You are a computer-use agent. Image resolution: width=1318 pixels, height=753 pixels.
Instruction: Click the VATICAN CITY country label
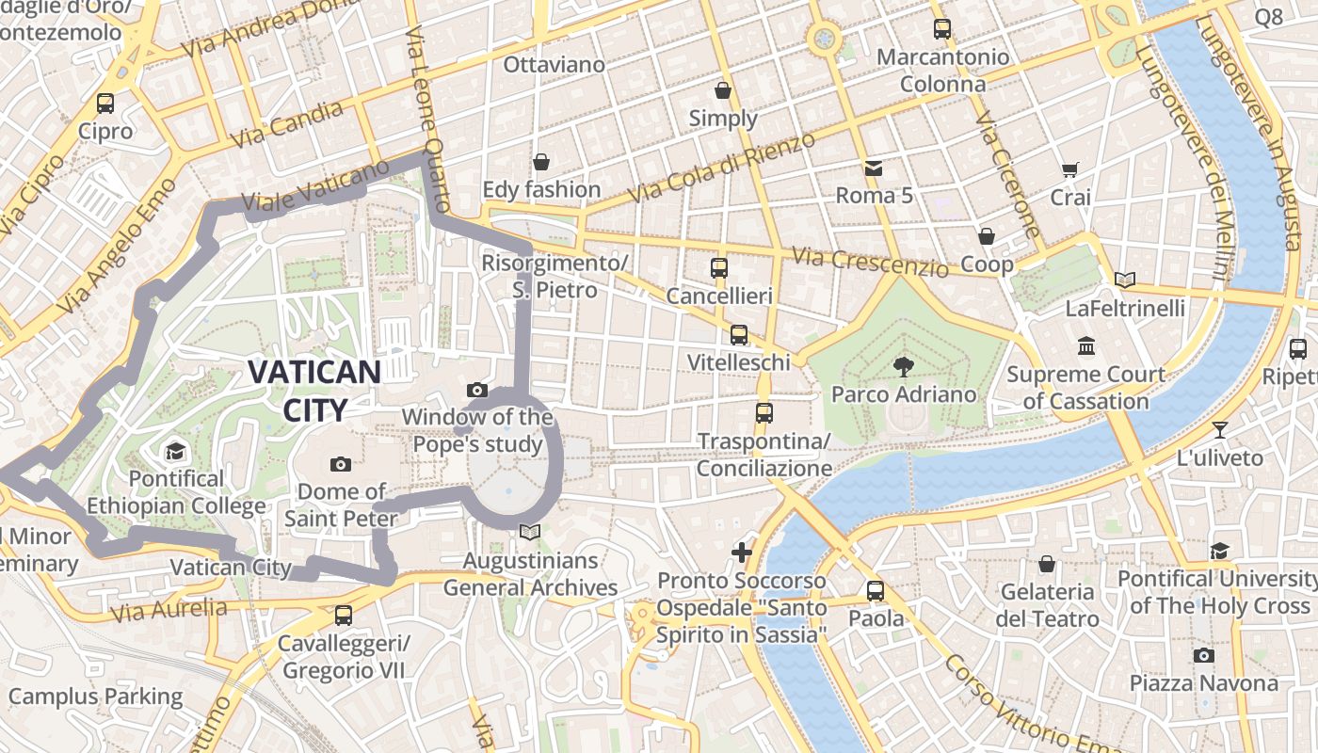tap(314, 390)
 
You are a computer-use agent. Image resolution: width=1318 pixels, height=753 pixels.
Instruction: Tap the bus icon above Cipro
tap(105, 104)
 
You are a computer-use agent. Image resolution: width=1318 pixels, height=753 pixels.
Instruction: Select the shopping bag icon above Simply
tap(723, 90)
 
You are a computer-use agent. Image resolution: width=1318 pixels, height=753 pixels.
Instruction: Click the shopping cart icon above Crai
tap(1069, 170)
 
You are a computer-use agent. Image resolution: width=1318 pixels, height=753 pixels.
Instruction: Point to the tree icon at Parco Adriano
tap(904, 366)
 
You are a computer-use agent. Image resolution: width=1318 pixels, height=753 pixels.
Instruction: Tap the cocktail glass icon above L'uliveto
tap(1220, 430)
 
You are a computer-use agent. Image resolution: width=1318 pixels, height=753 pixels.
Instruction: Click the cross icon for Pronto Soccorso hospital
tap(742, 553)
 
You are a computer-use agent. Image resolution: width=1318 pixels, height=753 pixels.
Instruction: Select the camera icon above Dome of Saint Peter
tap(341, 464)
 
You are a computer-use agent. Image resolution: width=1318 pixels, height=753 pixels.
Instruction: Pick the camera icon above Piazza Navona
tap(1203, 655)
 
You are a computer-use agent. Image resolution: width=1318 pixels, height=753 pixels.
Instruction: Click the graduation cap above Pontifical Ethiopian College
tap(175, 452)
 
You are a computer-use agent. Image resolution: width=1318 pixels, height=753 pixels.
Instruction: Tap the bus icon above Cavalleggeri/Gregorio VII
tap(343, 616)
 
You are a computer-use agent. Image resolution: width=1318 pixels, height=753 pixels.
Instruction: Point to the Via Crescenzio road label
tap(870, 263)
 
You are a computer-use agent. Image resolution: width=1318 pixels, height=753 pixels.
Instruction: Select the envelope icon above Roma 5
tap(874, 168)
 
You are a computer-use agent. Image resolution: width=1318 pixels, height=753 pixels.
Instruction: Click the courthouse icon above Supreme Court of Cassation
tap(1086, 346)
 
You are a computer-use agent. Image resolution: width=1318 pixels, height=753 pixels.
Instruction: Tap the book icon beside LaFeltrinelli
tap(1124, 280)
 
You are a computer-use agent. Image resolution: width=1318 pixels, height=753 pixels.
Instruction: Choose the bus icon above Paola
tap(876, 591)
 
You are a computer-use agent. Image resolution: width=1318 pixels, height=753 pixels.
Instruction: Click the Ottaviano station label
tap(554, 65)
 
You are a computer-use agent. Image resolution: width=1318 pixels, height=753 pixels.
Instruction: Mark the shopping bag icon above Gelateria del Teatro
tap(1047, 564)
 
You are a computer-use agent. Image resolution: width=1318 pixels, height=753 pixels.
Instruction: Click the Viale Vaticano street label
tap(314, 185)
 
